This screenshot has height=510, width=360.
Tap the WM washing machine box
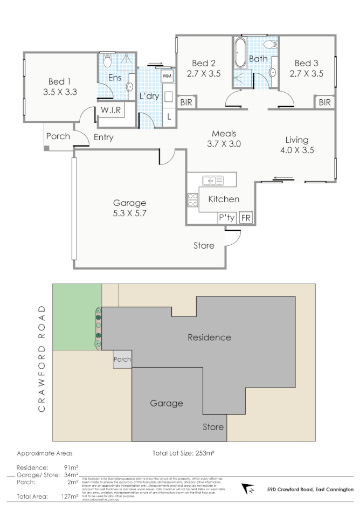point(167,75)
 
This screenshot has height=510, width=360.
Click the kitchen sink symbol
point(213,181)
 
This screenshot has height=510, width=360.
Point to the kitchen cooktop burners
point(192,200)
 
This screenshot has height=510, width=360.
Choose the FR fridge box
point(246,218)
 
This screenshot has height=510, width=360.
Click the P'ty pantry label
point(226,218)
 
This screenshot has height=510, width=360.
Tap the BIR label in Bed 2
point(186,102)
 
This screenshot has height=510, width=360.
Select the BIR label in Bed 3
point(324,102)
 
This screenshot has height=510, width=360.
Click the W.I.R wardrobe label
point(112,111)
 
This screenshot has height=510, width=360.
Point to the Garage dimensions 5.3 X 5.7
point(130,213)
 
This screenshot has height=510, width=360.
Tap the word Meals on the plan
point(224,134)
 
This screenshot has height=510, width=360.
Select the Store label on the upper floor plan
point(204,246)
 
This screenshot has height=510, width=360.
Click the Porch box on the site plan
point(122,360)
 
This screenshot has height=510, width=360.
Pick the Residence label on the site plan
point(209,338)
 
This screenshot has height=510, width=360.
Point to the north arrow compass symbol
point(250,490)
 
